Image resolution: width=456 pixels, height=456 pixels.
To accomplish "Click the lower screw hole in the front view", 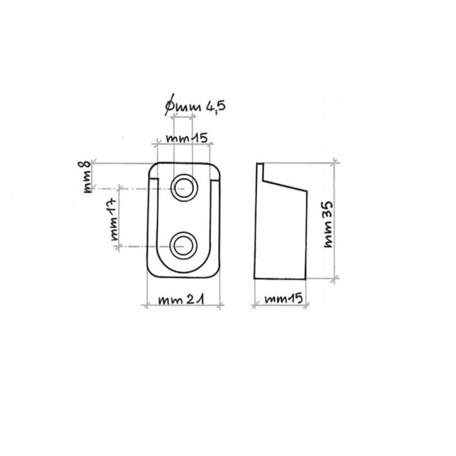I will (183, 244).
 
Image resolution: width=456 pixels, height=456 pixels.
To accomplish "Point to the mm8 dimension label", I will (88, 175).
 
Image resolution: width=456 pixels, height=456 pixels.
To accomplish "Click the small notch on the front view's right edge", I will (220, 180).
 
